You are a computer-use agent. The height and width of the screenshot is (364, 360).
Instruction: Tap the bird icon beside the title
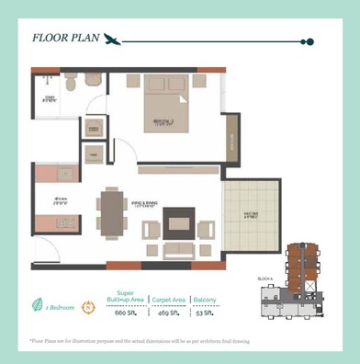(x=113, y=40)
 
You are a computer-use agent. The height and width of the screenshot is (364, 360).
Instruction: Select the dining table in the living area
(x=113, y=212)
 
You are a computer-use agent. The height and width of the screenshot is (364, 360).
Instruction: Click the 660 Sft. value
(x=125, y=312)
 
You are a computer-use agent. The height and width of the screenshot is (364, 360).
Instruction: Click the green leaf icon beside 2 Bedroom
(x=36, y=306)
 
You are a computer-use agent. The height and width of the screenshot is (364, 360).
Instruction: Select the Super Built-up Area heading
(x=125, y=296)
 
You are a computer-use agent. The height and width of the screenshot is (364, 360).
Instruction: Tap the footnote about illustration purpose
(x=139, y=340)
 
